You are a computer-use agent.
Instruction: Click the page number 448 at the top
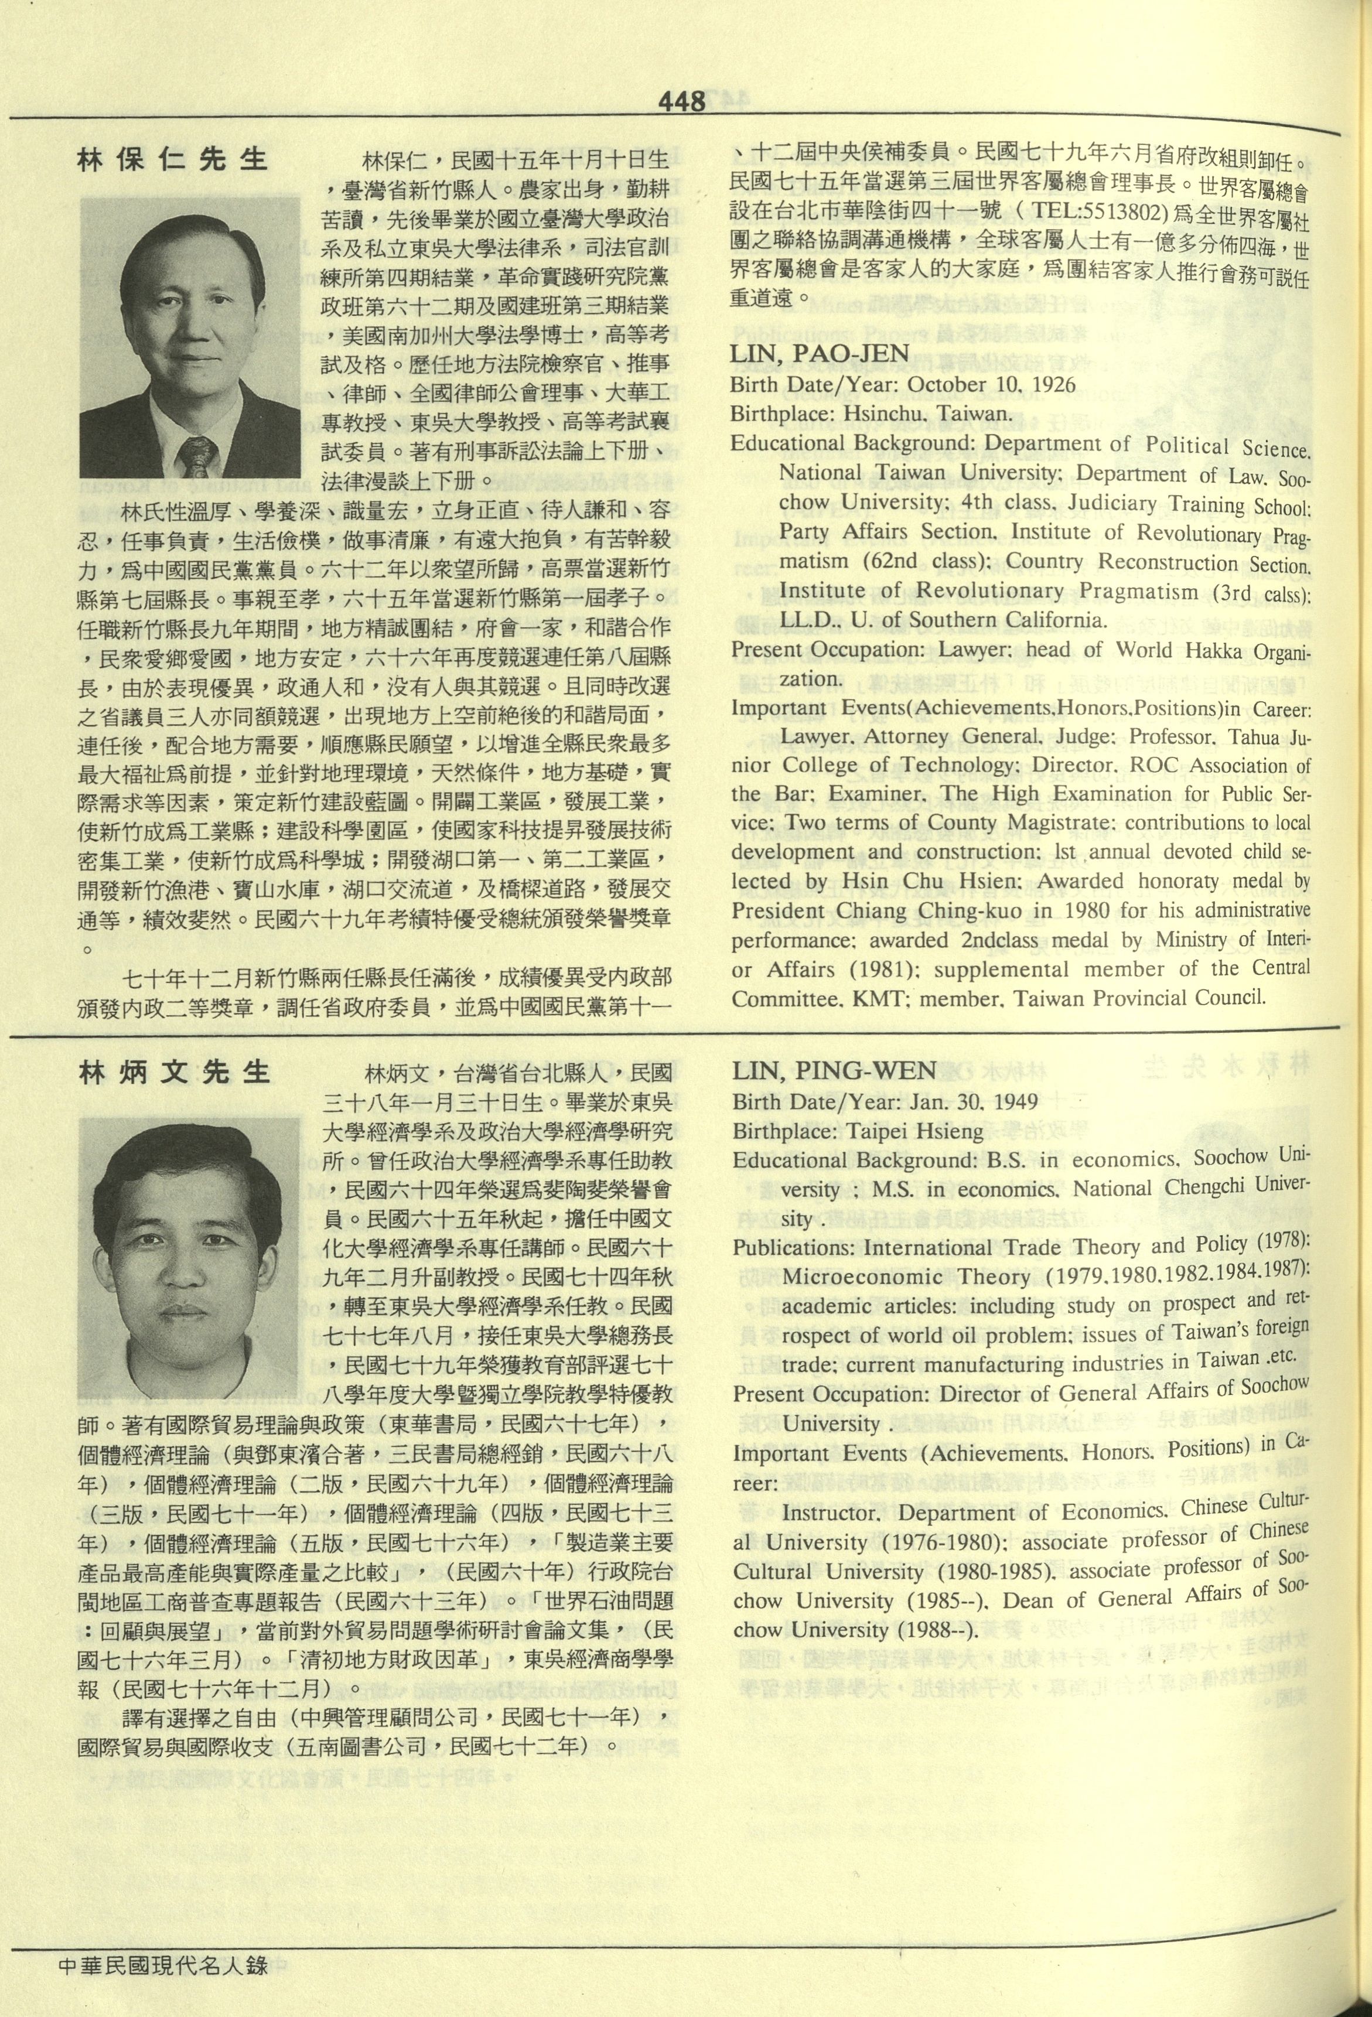tap(681, 103)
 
